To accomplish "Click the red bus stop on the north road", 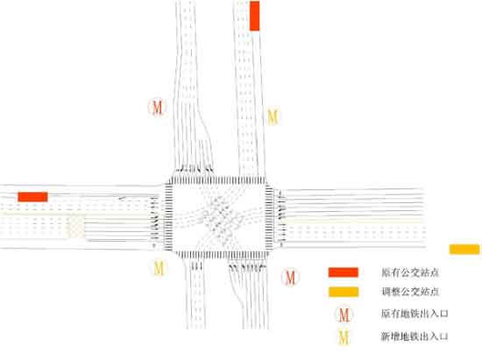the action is [x=254, y=16].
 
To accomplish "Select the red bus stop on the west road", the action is [x=33, y=197].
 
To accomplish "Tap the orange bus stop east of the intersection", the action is [x=464, y=249].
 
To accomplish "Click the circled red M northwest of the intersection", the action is [x=157, y=107].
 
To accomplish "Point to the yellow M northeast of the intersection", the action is [x=273, y=116].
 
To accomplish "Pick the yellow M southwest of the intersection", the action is [x=159, y=268].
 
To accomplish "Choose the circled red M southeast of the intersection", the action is [x=290, y=278].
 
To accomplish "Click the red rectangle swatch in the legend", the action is [x=344, y=272].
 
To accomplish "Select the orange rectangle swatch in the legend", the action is [x=344, y=292].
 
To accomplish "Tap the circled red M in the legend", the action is [x=344, y=314].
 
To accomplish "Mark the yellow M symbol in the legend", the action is [x=344, y=337].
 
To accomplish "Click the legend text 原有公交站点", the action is [x=410, y=272].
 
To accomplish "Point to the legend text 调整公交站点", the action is [x=410, y=292].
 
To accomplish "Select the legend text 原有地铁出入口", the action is [x=415, y=314].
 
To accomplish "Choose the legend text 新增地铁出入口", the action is [x=415, y=336].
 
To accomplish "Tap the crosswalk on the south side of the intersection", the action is [x=221, y=255].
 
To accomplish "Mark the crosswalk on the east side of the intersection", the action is [x=269, y=218].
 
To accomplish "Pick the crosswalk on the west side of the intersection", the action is [x=169, y=217].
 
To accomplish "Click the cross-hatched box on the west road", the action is [x=76, y=227].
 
